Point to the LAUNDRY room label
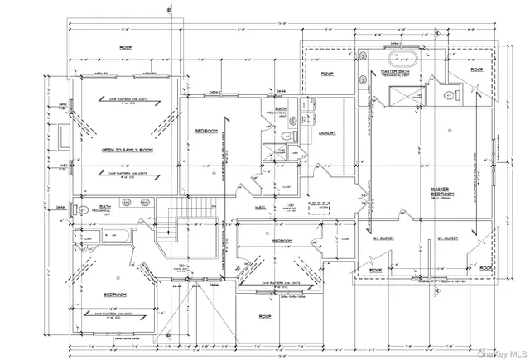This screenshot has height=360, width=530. point(326,132)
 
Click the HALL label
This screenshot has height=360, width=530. point(260,207)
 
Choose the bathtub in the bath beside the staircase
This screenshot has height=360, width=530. point(117,236)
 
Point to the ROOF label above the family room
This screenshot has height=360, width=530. point(126,47)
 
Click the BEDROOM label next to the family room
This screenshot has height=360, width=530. point(205,131)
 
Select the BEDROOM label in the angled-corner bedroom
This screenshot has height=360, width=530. point(114,295)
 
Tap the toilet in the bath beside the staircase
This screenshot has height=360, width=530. point(83,211)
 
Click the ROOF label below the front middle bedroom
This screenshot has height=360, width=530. point(265,316)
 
